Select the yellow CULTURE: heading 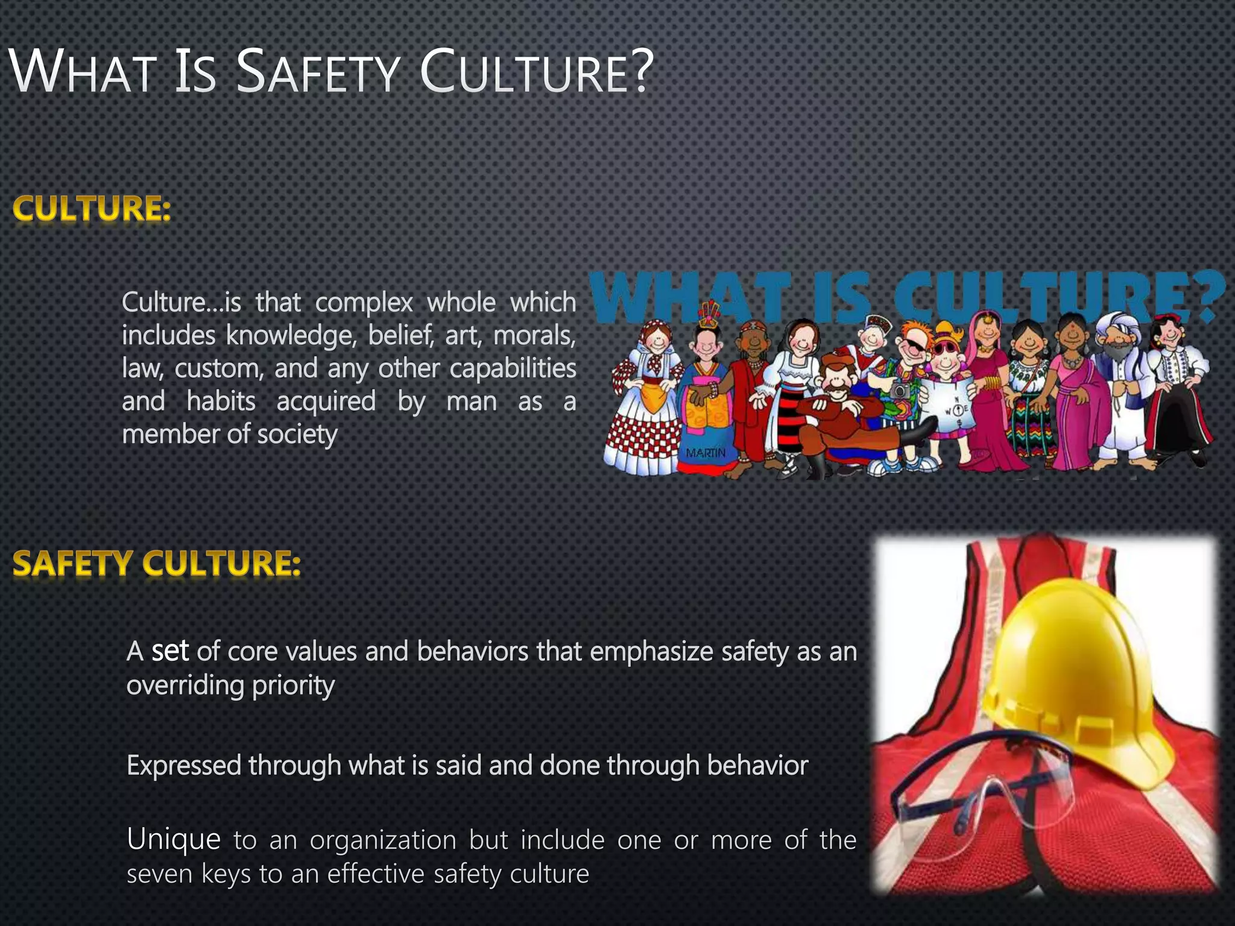(92, 209)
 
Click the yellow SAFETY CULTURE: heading (156, 564)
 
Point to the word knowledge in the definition (291, 335)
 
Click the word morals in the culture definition (534, 335)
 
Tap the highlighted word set (170, 651)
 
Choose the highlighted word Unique (174, 839)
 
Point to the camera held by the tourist (900, 391)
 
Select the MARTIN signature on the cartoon (706, 453)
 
